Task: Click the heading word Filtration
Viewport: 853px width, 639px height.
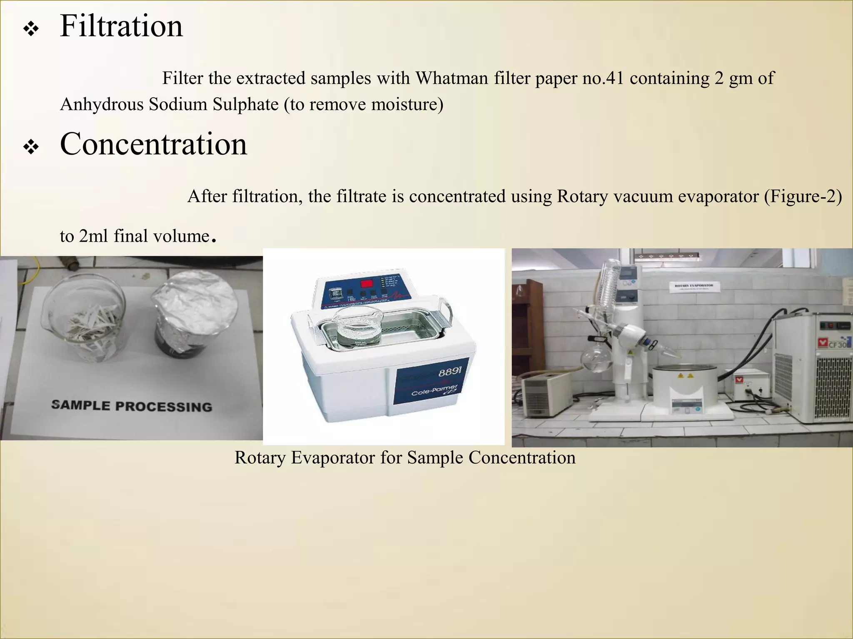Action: pos(121,27)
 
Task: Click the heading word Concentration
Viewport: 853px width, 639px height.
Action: pos(153,144)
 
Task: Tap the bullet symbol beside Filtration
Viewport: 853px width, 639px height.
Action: pos(31,30)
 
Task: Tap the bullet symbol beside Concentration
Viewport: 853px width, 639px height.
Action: pos(31,147)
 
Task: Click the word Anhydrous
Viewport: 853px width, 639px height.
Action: pos(102,104)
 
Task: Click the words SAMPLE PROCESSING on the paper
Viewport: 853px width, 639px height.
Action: pos(132,406)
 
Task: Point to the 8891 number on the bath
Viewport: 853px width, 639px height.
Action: pos(449,372)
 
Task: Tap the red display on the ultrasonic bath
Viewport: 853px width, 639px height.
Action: pos(367,284)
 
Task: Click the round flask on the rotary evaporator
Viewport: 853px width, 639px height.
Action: pos(594,358)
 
